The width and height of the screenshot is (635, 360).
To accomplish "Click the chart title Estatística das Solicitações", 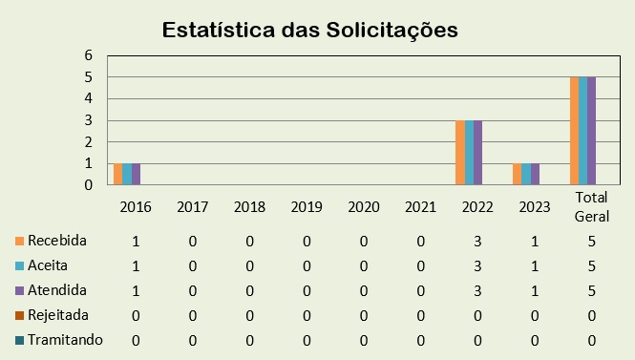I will [x=310, y=30].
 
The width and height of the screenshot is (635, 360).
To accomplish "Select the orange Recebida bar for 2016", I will [x=117, y=174].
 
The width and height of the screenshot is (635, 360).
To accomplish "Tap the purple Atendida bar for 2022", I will [x=477, y=153].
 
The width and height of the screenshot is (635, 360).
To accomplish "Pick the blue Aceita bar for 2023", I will [x=526, y=174].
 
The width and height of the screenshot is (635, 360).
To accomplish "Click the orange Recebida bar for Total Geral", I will [x=574, y=131].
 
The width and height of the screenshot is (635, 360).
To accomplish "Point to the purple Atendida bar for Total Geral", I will [x=592, y=131].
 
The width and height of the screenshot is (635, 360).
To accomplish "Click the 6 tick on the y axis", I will [x=87, y=55].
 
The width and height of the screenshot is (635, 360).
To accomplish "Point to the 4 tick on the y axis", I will [x=87, y=98].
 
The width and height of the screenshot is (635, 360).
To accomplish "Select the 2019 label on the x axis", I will [x=307, y=206].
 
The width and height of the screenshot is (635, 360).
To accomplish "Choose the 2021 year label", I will [x=421, y=206].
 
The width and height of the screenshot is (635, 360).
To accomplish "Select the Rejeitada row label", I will [x=58, y=314].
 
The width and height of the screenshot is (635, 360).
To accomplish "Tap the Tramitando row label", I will [x=65, y=339].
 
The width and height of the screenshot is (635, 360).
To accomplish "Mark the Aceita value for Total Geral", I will [x=593, y=265].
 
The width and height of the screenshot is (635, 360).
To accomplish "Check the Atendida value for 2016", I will [x=136, y=290].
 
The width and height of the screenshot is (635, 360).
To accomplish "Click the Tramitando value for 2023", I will [x=536, y=340].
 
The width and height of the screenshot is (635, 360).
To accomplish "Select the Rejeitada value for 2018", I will [x=250, y=315].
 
